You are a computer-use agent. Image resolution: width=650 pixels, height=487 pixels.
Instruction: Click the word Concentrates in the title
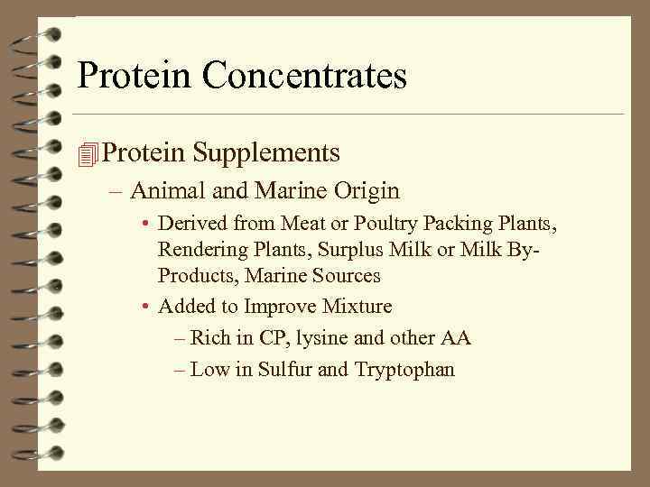(305, 76)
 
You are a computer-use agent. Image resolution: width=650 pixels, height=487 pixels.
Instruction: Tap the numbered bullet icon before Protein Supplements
(87, 155)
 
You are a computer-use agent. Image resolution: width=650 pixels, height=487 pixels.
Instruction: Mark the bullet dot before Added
(145, 308)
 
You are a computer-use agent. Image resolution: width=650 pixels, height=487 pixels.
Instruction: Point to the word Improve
(271, 307)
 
